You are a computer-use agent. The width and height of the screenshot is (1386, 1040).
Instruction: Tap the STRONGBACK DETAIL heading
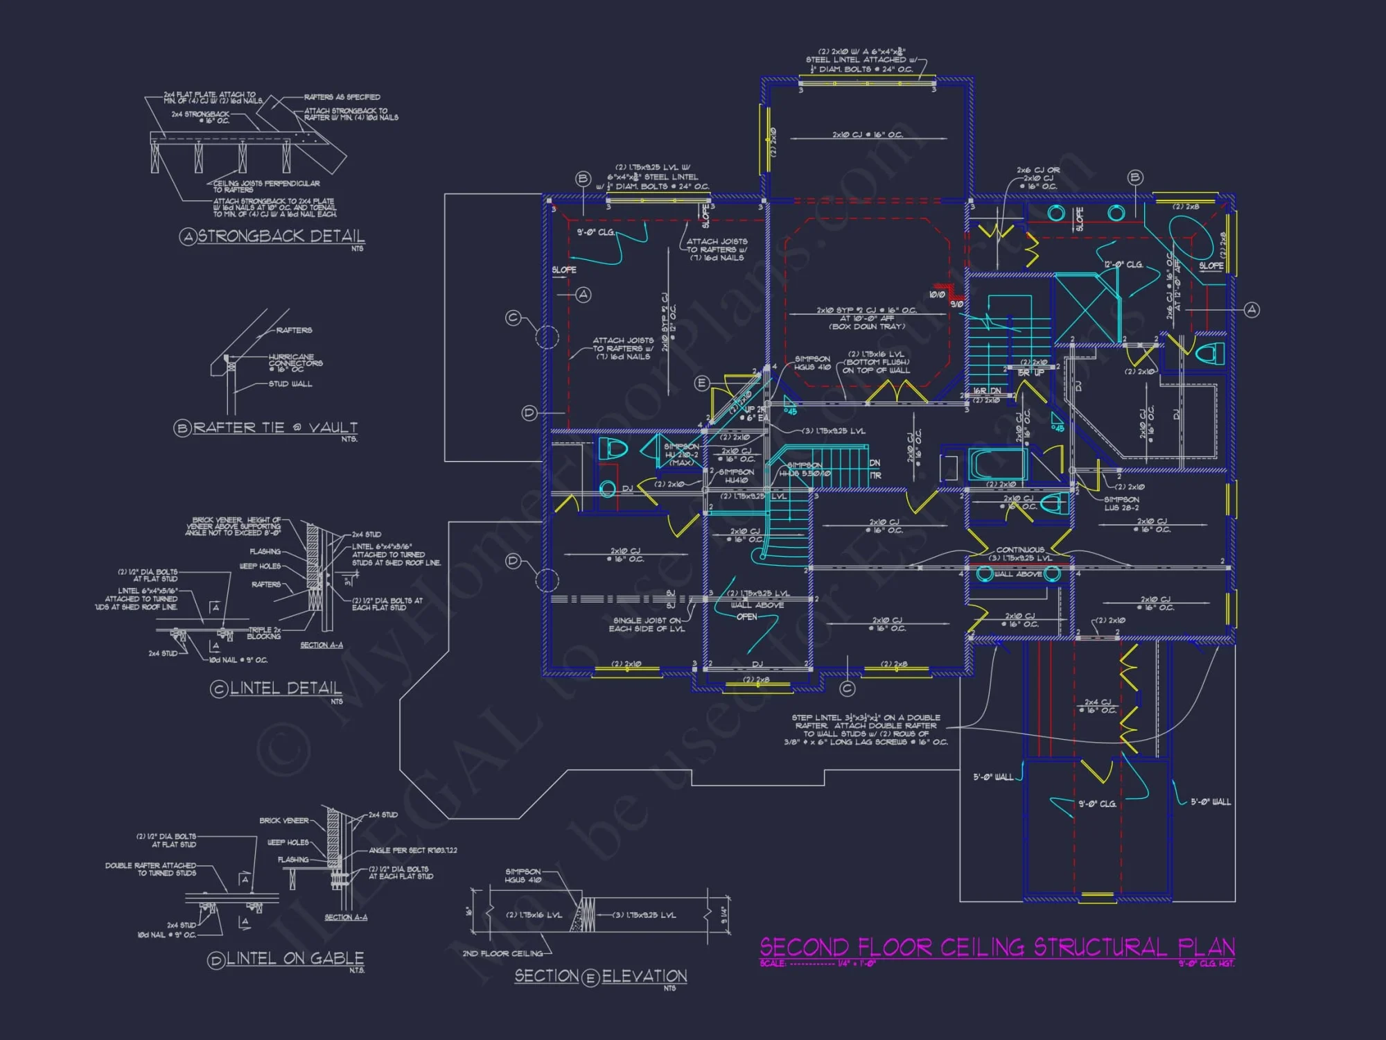(281, 236)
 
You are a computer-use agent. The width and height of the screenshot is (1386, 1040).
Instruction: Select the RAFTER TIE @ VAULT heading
(275, 428)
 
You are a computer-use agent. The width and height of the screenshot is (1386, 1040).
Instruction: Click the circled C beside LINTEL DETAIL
(219, 689)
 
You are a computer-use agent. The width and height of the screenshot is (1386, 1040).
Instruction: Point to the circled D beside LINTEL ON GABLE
(216, 960)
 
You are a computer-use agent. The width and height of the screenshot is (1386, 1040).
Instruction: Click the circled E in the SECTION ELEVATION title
(590, 978)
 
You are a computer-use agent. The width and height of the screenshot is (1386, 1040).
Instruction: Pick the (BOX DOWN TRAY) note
(867, 327)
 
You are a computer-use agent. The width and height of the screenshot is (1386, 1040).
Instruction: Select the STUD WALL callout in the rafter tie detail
(290, 384)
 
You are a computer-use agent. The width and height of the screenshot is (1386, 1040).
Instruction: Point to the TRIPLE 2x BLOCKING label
(264, 633)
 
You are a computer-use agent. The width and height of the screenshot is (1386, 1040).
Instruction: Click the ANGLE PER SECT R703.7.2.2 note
(412, 851)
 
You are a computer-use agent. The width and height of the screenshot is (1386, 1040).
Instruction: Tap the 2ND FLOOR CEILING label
(502, 954)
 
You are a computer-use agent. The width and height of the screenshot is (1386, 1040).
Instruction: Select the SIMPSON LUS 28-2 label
(1121, 503)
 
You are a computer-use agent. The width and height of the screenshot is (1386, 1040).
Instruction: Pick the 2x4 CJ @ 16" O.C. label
(1098, 706)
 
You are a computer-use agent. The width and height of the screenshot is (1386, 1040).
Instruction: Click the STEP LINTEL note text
(866, 730)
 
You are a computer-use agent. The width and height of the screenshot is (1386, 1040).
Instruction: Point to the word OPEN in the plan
(746, 617)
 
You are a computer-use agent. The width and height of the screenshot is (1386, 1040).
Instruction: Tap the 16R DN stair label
(986, 392)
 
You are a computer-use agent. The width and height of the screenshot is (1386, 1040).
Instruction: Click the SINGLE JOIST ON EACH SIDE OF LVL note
(647, 625)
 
